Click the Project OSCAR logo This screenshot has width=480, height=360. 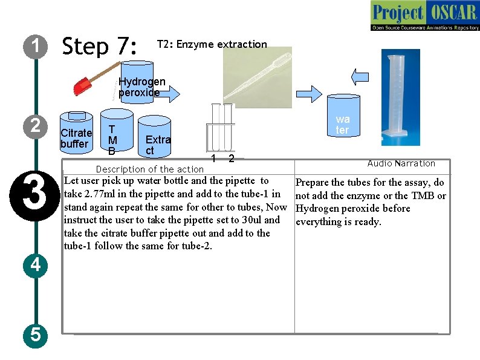coord(424,16)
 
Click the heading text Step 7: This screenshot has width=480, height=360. coord(100,46)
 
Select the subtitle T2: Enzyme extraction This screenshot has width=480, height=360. coord(212,44)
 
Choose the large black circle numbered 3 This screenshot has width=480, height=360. coord(35,193)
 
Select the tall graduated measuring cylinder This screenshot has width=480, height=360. coord(392,94)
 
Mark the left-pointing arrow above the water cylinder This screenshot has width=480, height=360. coord(360,76)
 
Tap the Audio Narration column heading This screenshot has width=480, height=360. coord(401,163)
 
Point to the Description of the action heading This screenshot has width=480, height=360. coord(149,169)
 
